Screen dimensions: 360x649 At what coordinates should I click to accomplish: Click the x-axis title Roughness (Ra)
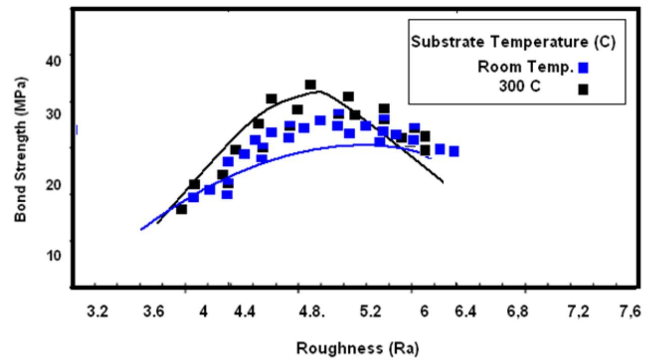click(357, 348)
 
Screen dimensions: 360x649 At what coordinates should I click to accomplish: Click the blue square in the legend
click(583, 68)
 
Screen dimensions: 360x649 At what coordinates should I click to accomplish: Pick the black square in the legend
click(583, 89)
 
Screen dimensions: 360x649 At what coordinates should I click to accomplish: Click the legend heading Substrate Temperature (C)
click(513, 42)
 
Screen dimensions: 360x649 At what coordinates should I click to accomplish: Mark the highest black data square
click(310, 84)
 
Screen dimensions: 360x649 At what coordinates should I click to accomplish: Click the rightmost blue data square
click(454, 151)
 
